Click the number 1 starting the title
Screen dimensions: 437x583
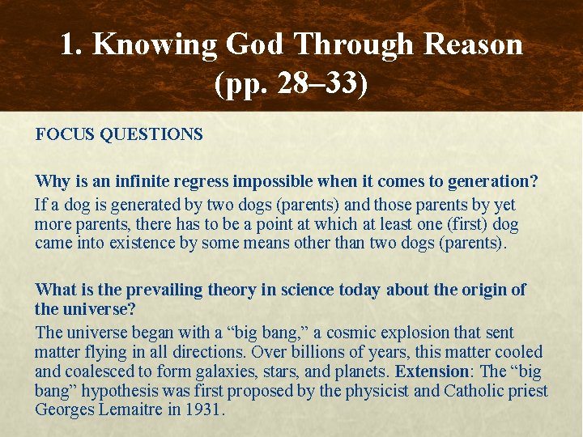[69, 44]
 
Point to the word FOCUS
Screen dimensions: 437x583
[65, 134]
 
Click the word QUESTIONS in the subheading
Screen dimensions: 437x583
[151, 134]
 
